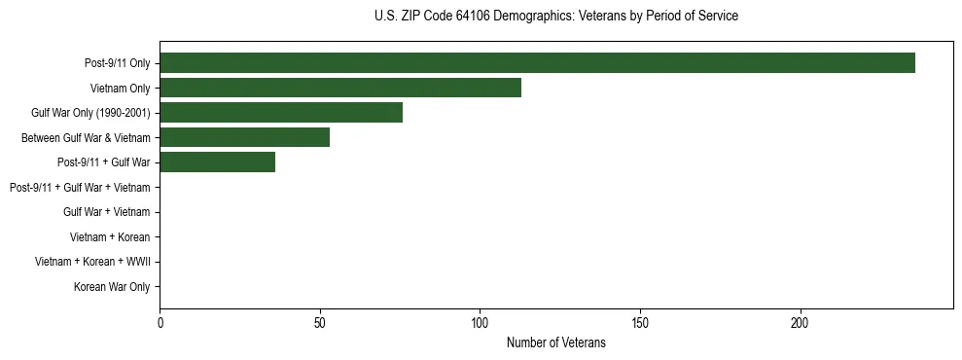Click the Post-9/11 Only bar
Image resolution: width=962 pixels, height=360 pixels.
tap(537, 63)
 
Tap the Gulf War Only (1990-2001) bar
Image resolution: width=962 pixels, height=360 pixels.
tap(281, 113)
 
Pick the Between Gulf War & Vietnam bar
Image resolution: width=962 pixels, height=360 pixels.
tap(244, 137)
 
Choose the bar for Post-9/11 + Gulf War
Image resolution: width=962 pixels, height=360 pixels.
tap(217, 162)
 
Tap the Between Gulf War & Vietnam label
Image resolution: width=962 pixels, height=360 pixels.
tap(86, 138)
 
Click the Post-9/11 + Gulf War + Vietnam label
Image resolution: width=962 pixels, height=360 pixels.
tap(80, 187)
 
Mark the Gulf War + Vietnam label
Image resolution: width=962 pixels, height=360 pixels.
tap(106, 212)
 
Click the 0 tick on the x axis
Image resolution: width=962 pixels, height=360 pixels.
tap(160, 322)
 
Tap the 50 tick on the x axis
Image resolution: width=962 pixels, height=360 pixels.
tap(320, 322)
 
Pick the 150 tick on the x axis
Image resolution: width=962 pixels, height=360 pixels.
tap(640, 322)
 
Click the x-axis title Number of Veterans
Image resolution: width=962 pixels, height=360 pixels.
tap(555, 342)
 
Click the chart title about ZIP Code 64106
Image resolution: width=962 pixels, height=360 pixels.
tap(555, 17)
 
